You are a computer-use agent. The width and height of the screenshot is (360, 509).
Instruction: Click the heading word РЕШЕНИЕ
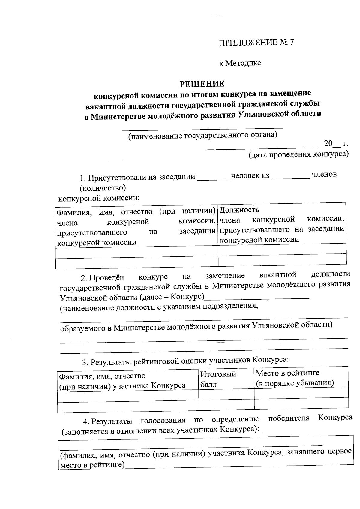tap(202, 83)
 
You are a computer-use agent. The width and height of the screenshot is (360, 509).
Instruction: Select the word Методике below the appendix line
tap(243, 63)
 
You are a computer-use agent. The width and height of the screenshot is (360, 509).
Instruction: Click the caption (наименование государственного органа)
tap(203, 136)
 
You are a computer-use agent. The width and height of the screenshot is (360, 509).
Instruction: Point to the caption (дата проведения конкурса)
tap(298, 154)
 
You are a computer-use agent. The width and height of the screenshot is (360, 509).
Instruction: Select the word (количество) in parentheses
tap(103, 188)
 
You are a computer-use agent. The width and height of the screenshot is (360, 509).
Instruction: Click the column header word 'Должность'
tap(239, 210)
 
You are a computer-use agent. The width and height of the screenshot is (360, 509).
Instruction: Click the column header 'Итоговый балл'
tap(218, 379)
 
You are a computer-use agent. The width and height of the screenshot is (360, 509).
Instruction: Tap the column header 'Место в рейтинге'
tap(287, 373)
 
